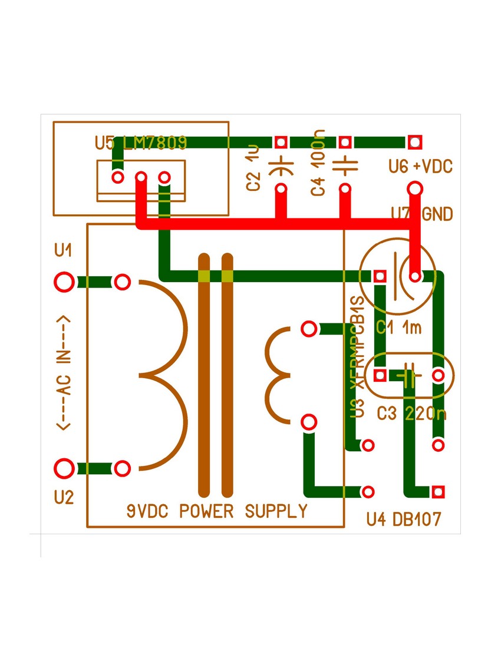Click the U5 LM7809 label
click(x=141, y=143)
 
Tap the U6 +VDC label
click(x=420, y=167)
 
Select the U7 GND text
click(x=422, y=214)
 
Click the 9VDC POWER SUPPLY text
click(x=217, y=511)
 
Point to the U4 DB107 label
click(x=404, y=519)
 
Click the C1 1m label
click(x=399, y=328)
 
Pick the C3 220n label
click(x=411, y=414)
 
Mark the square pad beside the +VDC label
click(x=415, y=142)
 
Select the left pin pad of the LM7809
click(x=118, y=177)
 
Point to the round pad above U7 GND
click(x=415, y=189)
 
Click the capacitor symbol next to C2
click(x=281, y=166)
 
